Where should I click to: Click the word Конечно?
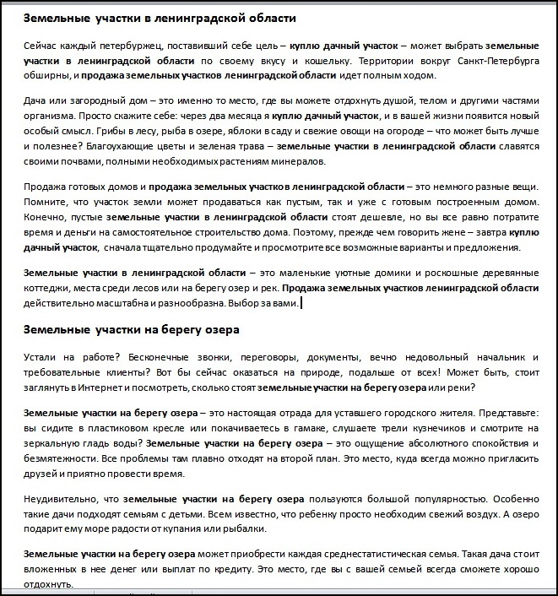pyautogui.click(x=46, y=216)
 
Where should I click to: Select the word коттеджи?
pyautogui.click(x=49, y=288)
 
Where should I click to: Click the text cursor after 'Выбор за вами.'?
pyautogui.click(x=301, y=303)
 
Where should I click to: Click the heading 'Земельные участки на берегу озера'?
pyautogui.click(x=132, y=328)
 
